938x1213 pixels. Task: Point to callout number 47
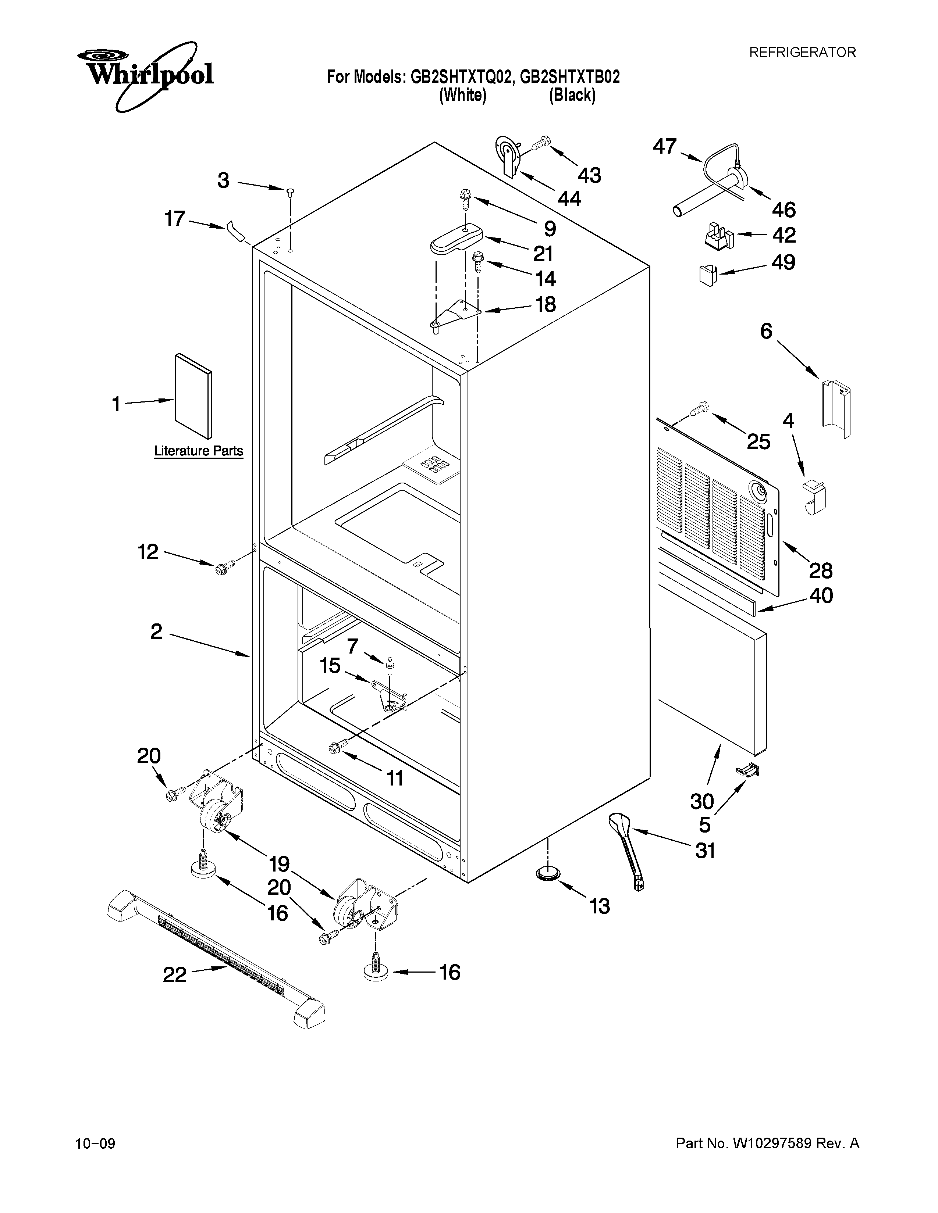pyautogui.click(x=665, y=147)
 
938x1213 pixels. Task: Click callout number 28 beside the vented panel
pyautogui.click(x=820, y=570)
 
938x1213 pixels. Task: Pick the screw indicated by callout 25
pyautogui.click(x=698, y=409)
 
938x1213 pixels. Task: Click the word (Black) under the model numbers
pyautogui.click(x=572, y=96)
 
